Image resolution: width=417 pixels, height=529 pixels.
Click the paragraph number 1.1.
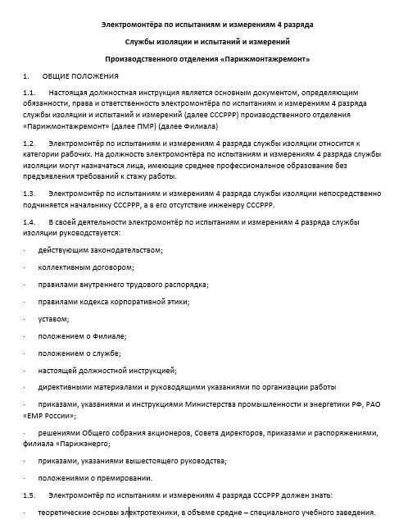click(x=29, y=93)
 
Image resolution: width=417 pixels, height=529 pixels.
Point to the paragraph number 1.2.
click(x=29, y=142)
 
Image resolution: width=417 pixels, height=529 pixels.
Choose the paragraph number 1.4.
click(x=29, y=221)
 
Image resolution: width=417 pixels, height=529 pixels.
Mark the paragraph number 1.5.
click(x=29, y=495)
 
